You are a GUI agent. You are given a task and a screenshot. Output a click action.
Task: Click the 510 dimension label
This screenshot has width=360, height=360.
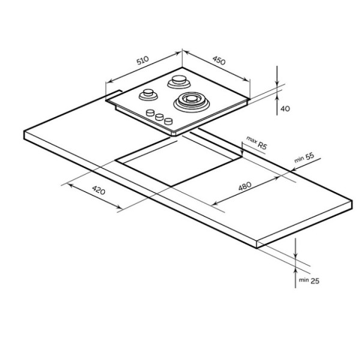coord(143,61)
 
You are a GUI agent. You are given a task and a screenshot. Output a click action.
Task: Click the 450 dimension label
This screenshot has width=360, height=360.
coord(219,61)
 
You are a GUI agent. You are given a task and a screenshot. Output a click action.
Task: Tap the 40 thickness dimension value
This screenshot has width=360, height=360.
coord(285,109)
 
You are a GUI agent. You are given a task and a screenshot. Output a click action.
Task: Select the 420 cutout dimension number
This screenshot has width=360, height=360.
coord(99,190)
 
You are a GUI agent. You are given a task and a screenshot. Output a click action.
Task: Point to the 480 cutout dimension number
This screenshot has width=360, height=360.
coord(245,186)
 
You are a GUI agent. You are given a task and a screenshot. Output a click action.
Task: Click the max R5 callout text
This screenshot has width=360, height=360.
coord(257,143)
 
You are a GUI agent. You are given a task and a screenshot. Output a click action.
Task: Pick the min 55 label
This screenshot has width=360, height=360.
coord(304,157)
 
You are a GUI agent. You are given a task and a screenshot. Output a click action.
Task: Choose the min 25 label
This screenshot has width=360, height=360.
coord(309,280)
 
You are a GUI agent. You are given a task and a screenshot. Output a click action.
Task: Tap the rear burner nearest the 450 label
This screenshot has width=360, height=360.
coord(179,82)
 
